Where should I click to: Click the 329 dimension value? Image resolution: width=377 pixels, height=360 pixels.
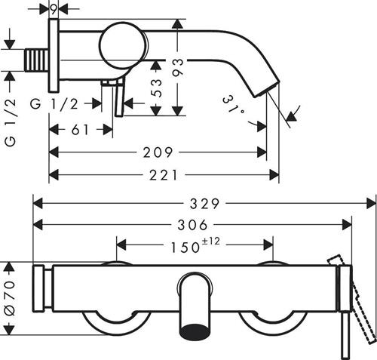click(x=204, y=204)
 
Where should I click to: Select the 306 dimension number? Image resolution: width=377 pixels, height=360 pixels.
click(x=192, y=225)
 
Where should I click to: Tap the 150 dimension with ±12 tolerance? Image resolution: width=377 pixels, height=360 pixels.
click(x=195, y=245)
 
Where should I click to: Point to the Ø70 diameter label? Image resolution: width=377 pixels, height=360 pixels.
click(x=10, y=299)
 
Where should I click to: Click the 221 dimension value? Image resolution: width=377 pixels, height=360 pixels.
click(x=164, y=175)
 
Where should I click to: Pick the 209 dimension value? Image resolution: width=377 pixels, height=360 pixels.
click(x=158, y=152)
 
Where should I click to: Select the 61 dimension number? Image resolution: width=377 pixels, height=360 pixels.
click(x=80, y=130)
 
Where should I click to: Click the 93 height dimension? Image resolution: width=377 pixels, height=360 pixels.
click(x=178, y=67)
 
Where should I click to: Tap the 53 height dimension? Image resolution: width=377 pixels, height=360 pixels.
click(x=156, y=88)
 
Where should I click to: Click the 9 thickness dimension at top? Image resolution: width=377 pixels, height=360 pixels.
click(x=54, y=9)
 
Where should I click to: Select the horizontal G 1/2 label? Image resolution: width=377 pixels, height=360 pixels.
click(x=54, y=104)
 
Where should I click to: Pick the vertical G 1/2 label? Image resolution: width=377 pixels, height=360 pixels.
click(x=11, y=122)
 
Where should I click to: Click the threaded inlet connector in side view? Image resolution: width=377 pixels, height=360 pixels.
click(x=37, y=60)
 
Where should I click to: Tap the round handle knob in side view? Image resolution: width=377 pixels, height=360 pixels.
click(x=122, y=45)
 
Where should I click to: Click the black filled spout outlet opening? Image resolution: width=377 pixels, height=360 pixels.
click(x=195, y=331)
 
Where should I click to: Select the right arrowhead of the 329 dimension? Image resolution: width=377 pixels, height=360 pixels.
click(x=372, y=204)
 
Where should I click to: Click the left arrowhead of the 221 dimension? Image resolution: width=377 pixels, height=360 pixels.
click(x=54, y=175)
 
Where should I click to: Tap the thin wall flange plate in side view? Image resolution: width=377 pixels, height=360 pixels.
click(x=54, y=55)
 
